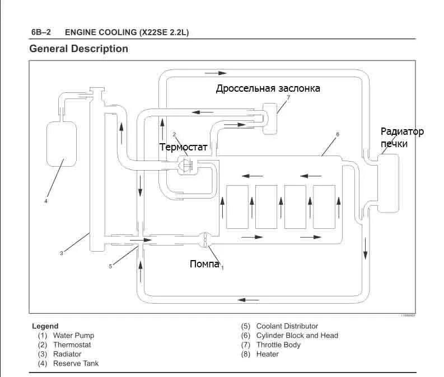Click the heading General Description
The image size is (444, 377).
click(78, 49)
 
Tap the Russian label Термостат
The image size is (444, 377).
click(183, 147)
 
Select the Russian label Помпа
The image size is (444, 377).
click(204, 264)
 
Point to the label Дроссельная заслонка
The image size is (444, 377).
click(268, 88)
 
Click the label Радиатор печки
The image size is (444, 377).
click(401, 138)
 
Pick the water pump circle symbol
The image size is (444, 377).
click(205, 239)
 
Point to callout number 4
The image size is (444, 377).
click(46, 200)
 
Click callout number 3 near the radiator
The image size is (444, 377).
click(61, 253)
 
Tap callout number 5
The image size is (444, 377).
click(110, 266)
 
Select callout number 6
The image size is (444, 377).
click(338, 135)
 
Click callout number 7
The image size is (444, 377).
click(288, 97)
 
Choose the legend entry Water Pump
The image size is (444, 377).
click(73, 336)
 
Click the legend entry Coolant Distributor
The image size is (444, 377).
click(287, 326)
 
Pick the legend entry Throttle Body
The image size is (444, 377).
click(278, 345)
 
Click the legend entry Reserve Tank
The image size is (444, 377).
click(76, 364)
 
